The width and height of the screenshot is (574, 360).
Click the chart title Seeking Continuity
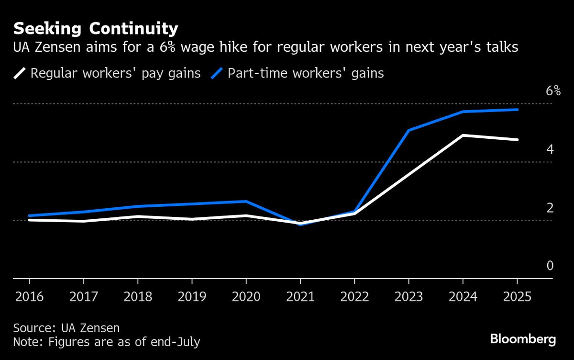pyautogui.click(x=96, y=29)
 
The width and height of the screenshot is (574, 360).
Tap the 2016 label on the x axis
pyautogui.click(x=29, y=297)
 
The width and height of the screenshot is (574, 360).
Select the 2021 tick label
pyautogui.click(x=300, y=297)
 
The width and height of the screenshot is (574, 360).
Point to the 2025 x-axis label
pyautogui.click(x=517, y=297)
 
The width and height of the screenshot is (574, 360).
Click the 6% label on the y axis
pyautogui.click(x=553, y=91)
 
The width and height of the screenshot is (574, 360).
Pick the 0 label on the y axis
pyautogui.click(x=550, y=266)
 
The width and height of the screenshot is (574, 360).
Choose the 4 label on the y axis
pyautogui.click(x=550, y=149)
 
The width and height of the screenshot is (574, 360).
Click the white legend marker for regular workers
pyautogui.click(x=20, y=73)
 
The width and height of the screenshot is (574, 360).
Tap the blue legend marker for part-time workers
pyautogui.click(x=217, y=73)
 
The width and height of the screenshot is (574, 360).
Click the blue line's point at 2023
pyautogui.click(x=409, y=130)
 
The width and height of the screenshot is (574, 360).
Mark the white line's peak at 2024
pyautogui.click(x=463, y=135)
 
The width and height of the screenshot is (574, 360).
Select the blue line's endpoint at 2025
pyautogui.click(x=517, y=110)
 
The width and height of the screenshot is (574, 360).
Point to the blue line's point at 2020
pyautogui.click(x=246, y=202)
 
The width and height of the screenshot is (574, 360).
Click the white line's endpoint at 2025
pyautogui.click(x=517, y=140)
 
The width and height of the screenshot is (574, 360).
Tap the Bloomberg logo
pyautogui.click(x=523, y=339)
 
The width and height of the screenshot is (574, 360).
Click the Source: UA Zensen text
pyautogui.click(x=66, y=328)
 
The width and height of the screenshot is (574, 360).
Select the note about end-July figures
pyautogui.click(x=106, y=342)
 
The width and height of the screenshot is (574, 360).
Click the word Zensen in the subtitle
pyautogui.click(x=61, y=48)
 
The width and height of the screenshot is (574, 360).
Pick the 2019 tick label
pyautogui.click(x=192, y=297)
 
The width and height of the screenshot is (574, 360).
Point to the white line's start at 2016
pyautogui.click(x=29, y=220)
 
